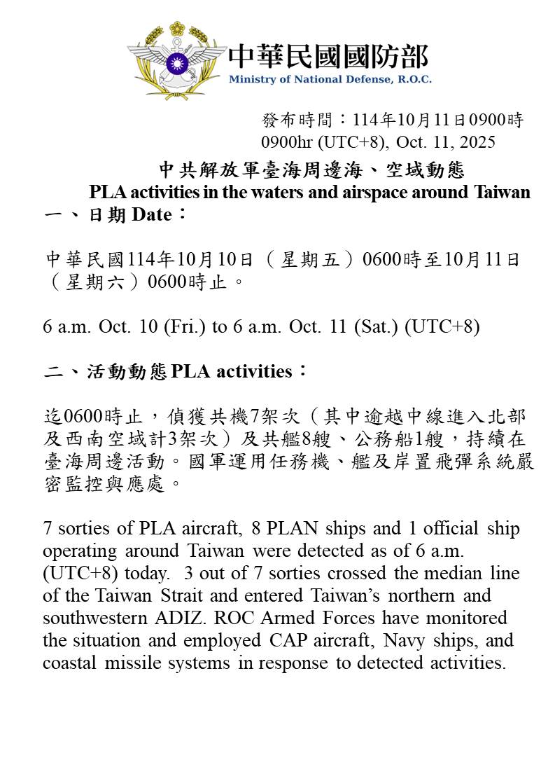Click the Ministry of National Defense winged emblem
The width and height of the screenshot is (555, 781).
click(176, 60)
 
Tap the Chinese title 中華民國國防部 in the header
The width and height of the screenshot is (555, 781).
click(328, 56)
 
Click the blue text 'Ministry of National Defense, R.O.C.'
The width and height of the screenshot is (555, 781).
click(330, 79)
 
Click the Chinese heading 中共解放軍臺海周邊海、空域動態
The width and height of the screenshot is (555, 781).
click(311, 170)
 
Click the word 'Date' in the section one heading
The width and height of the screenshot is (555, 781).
click(151, 215)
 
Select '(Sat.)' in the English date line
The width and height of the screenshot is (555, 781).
click(378, 327)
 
